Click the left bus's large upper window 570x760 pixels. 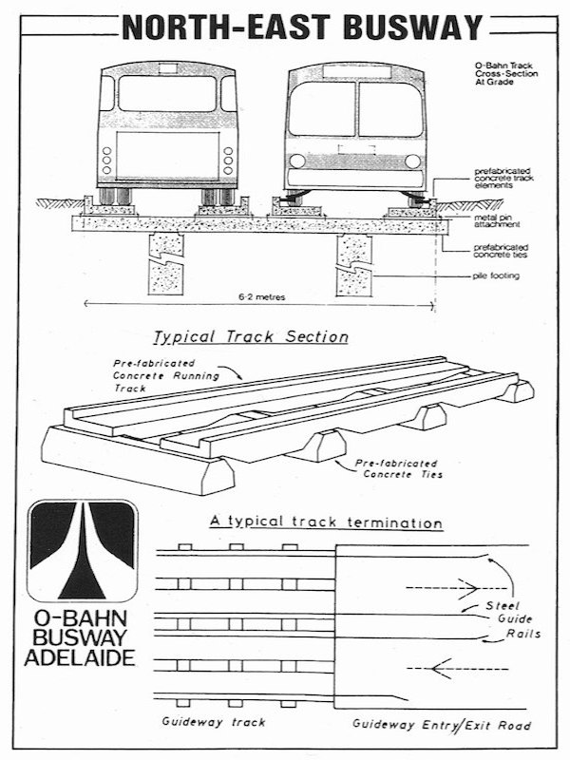(167, 94)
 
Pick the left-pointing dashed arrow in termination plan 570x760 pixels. (445, 669)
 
